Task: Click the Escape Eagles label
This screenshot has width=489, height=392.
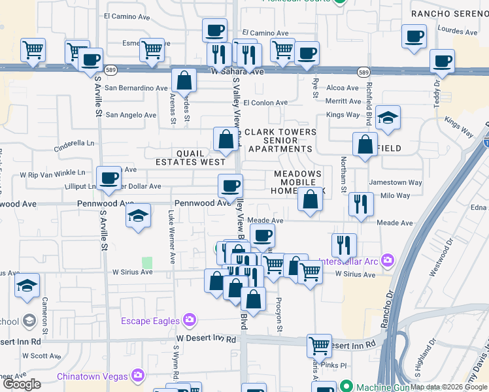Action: click(150, 320)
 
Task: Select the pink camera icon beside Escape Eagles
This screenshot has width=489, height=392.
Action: click(190, 320)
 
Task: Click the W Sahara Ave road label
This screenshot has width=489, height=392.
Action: click(237, 71)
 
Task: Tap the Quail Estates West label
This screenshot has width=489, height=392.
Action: click(191, 157)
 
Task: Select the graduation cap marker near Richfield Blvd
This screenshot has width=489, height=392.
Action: click(388, 118)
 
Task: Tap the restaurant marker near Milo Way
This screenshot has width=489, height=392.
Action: click(360, 204)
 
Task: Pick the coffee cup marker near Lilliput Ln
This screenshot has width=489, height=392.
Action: click(109, 178)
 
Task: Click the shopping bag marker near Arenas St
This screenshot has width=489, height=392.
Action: click(185, 81)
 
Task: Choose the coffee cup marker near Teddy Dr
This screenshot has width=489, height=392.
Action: click(442, 61)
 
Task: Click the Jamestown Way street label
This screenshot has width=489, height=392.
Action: click(396, 183)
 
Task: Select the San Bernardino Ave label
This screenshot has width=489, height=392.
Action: click(137, 88)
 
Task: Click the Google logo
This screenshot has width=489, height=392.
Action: click(22, 384)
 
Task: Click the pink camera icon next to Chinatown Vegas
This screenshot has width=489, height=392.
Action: click(138, 376)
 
